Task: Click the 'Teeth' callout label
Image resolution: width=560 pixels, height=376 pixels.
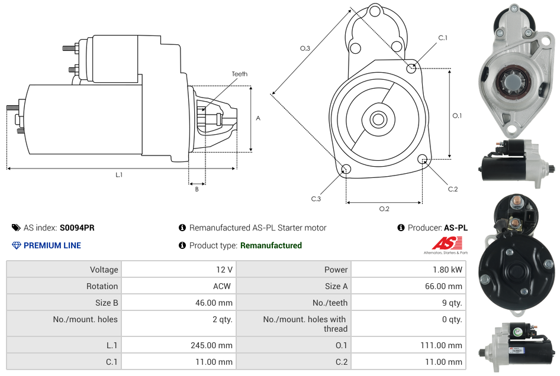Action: coord(239,74)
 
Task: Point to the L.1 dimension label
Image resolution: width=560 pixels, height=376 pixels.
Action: coord(119,175)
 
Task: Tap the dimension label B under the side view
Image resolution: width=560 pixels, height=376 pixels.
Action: coord(197,189)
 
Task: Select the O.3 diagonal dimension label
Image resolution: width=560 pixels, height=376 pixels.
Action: coord(305,48)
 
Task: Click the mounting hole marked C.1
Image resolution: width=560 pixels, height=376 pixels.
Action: coord(411,68)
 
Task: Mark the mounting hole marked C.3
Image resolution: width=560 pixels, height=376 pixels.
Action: coord(346,170)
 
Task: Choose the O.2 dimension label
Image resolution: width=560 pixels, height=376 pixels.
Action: coord(384,209)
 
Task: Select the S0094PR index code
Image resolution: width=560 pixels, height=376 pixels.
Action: coord(77,228)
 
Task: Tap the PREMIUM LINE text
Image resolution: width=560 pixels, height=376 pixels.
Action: coord(52,245)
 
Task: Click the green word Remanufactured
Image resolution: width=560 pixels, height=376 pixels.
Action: coord(271,245)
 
